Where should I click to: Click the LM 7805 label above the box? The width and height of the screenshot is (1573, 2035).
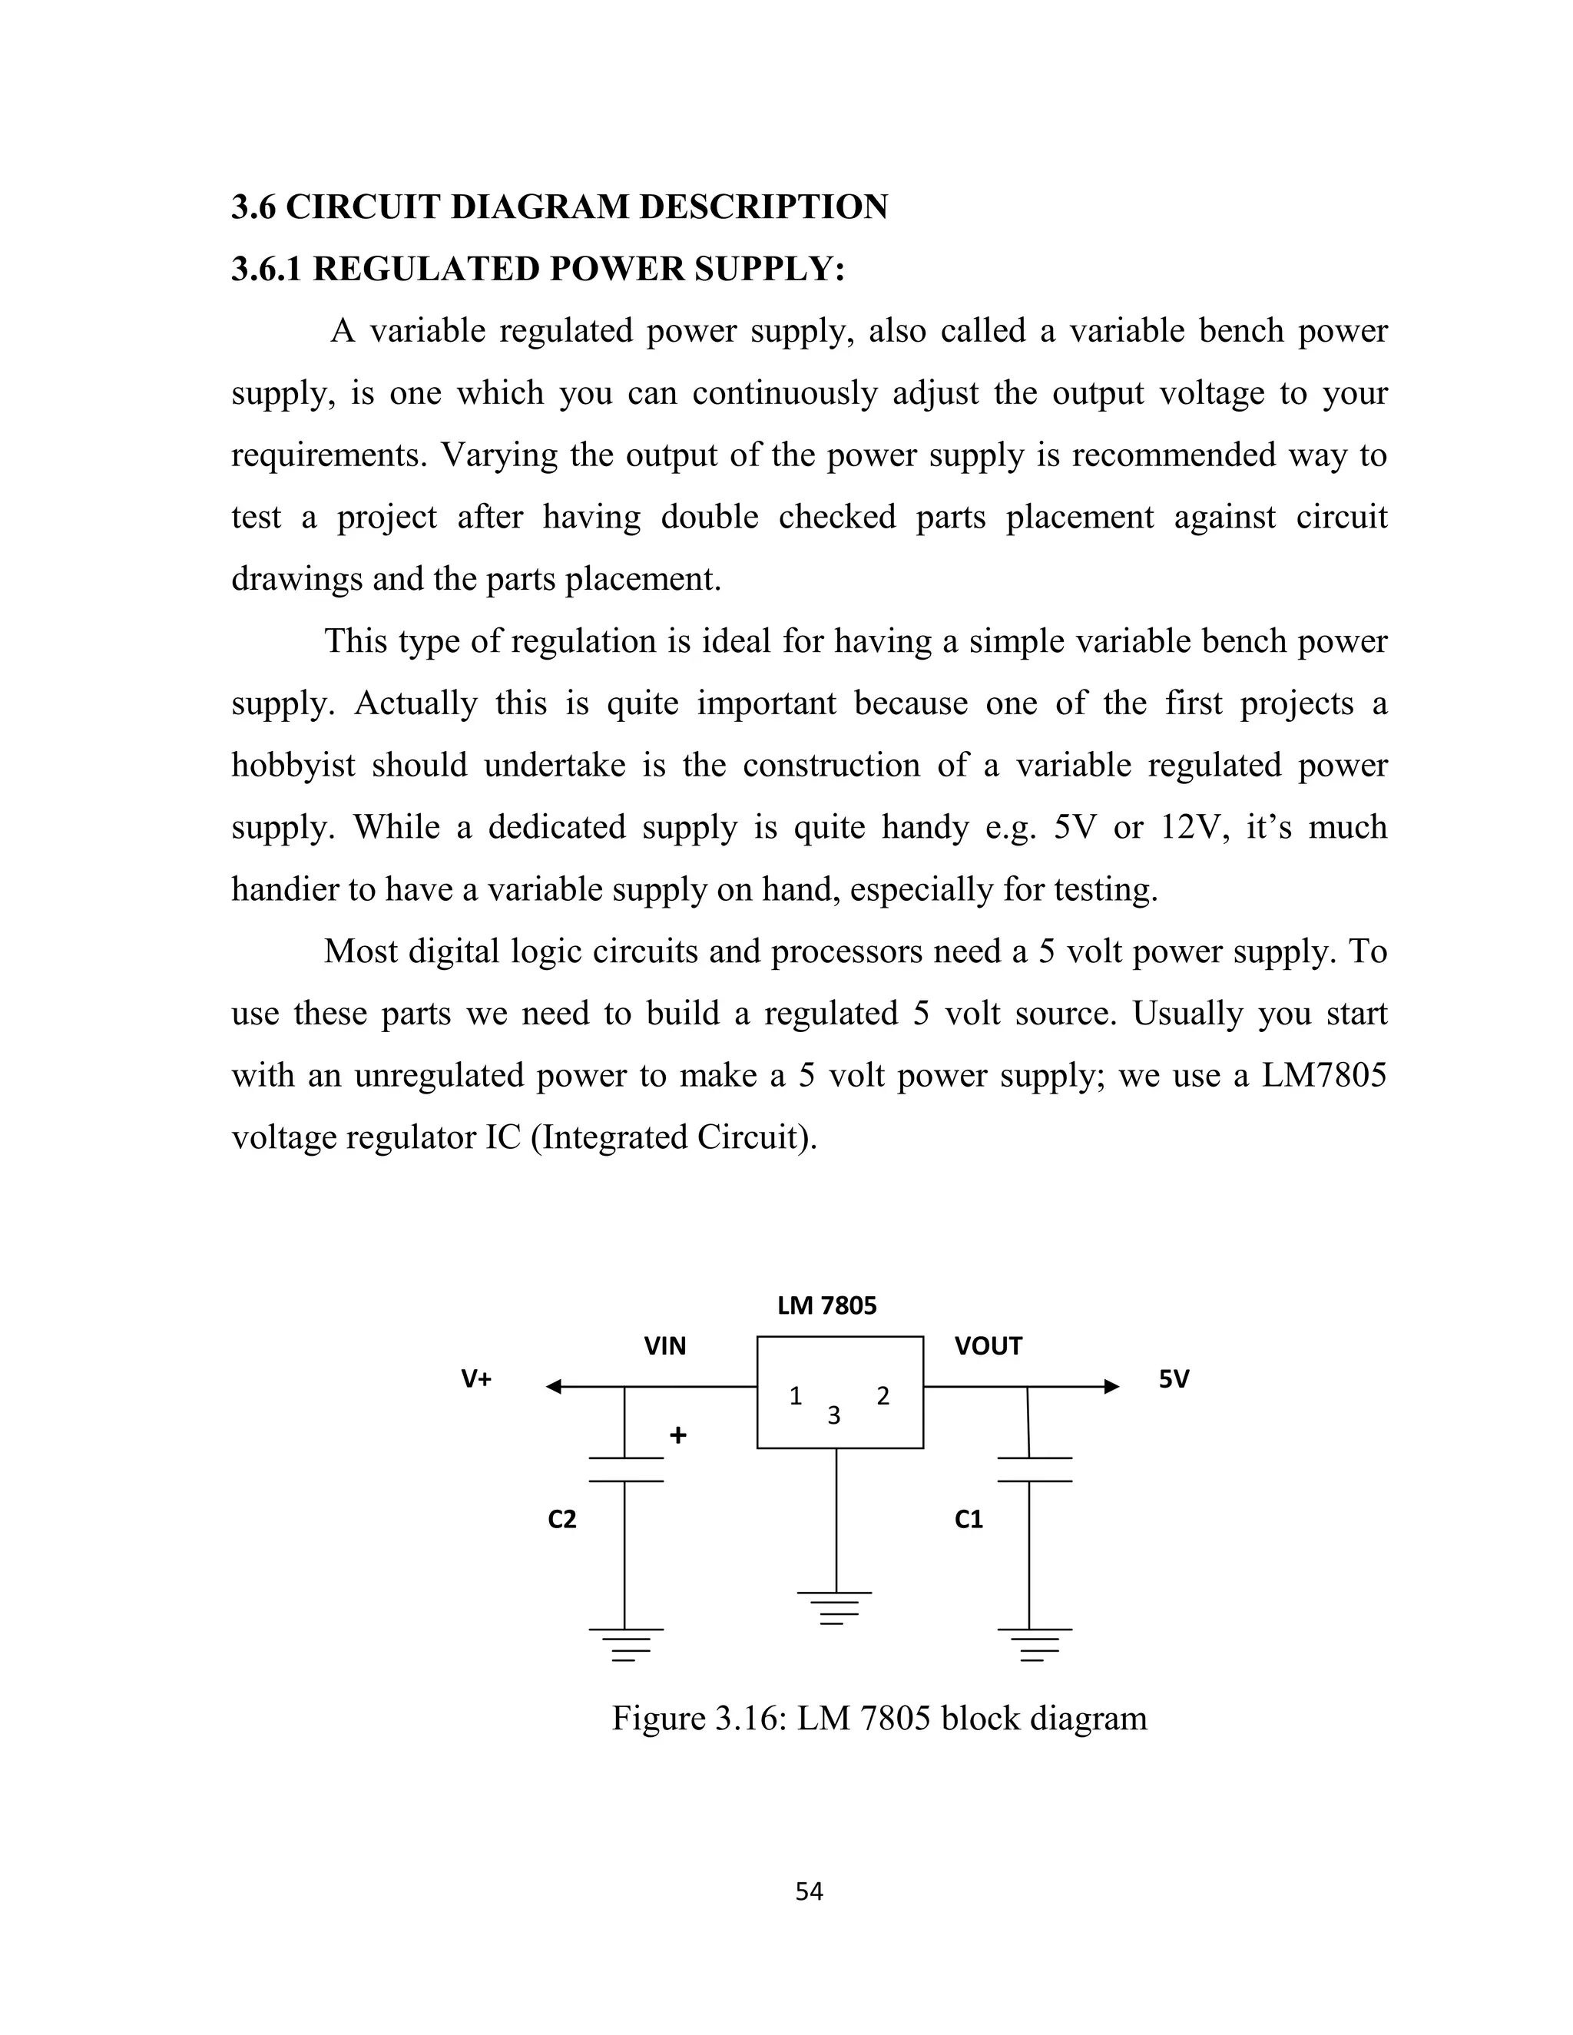tap(826, 1305)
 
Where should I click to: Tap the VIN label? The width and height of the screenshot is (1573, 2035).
tap(664, 1345)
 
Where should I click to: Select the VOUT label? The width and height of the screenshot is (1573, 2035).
tap(988, 1345)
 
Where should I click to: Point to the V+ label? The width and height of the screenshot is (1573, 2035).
tap(476, 1379)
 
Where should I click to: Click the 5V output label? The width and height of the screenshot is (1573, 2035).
tap(1174, 1379)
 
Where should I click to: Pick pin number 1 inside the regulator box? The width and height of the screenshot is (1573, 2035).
tap(795, 1396)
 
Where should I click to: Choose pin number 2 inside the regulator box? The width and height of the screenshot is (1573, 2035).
tap(883, 1396)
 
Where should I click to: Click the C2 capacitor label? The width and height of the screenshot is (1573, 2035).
tap(562, 1520)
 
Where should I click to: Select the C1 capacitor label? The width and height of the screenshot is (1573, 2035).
tap(969, 1520)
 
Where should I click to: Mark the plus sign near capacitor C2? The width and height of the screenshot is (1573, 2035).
tap(678, 1436)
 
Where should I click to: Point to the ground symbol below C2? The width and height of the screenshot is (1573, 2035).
tap(625, 1645)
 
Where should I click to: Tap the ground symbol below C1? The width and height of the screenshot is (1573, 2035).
tap(1034, 1645)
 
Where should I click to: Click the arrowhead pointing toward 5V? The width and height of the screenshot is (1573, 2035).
tap(1111, 1386)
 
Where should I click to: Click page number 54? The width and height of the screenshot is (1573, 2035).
tap(809, 1891)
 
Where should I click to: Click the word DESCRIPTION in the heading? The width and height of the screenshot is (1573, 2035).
tap(763, 207)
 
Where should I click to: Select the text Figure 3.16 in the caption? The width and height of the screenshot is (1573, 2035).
tap(697, 1718)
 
